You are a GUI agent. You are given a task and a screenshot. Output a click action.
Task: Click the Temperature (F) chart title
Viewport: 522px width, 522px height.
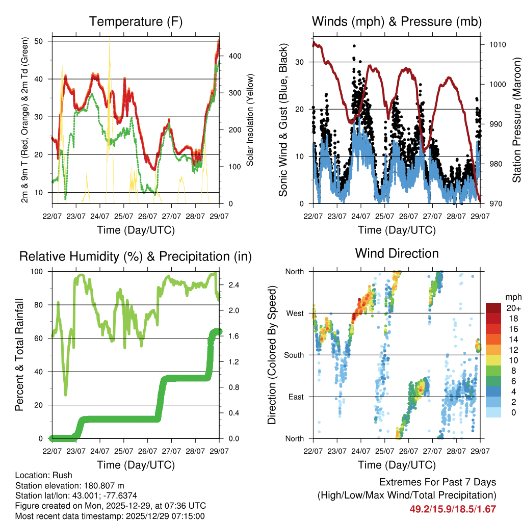136,21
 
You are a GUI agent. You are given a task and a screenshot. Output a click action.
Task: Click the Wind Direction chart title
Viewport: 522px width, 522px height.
397,253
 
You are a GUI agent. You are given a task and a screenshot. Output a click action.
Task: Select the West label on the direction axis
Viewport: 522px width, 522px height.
295,313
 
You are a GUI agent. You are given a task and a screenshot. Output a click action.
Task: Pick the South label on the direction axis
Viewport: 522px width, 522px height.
294,355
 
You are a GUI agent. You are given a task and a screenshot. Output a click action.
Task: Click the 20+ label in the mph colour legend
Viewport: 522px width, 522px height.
513,308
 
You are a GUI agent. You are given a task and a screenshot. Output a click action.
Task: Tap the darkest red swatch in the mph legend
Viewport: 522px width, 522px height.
493,308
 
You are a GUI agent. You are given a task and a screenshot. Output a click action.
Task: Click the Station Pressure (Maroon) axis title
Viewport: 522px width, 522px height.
516,119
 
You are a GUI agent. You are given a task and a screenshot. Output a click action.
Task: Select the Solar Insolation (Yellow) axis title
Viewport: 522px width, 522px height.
250,120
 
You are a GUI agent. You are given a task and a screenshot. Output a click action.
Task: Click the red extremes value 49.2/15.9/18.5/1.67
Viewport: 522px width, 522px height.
453,509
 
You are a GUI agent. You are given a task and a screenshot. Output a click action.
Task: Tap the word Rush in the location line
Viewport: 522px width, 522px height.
63,475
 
